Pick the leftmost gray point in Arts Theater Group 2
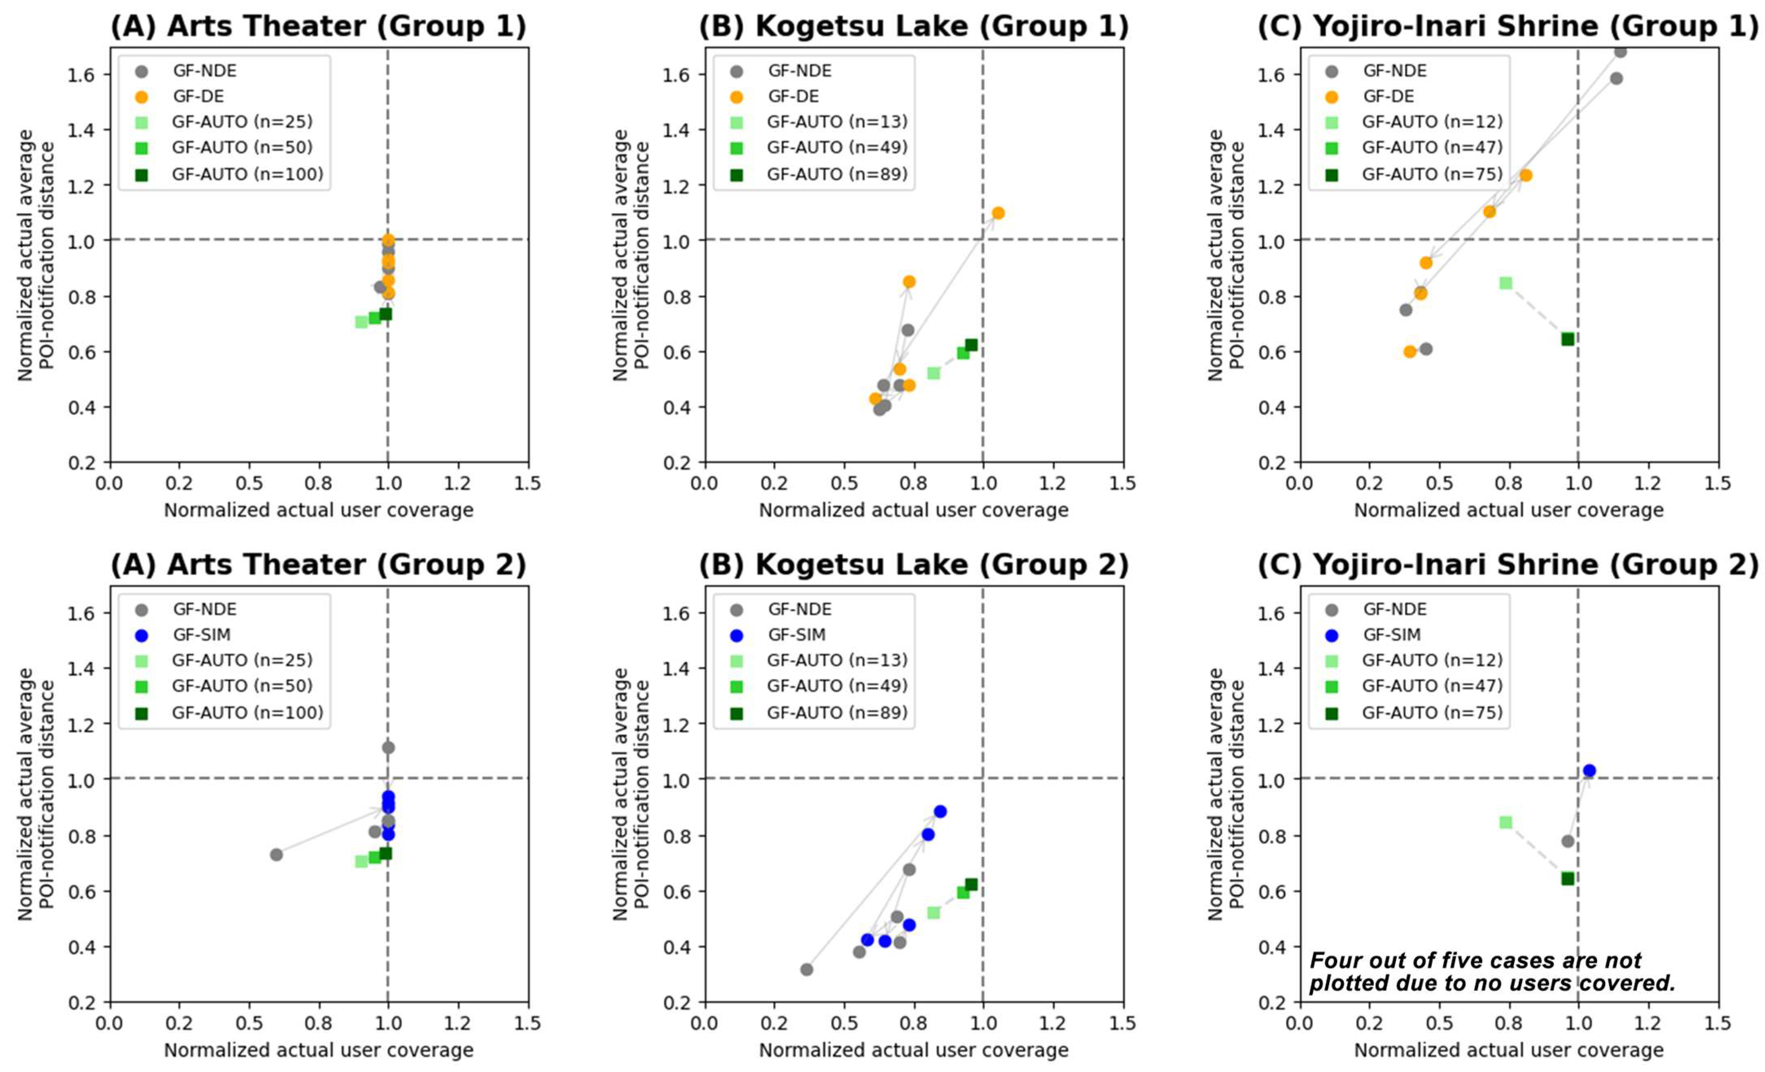point(276,854)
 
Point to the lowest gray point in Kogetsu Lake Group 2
point(807,969)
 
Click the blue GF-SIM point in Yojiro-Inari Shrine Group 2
point(1589,771)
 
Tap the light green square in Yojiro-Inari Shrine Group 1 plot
point(1506,283)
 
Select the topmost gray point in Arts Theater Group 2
point(388,748)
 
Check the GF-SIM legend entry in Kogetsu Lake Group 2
point(796,635)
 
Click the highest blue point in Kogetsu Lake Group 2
point(940,811)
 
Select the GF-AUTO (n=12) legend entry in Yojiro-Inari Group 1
point(1431,122)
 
